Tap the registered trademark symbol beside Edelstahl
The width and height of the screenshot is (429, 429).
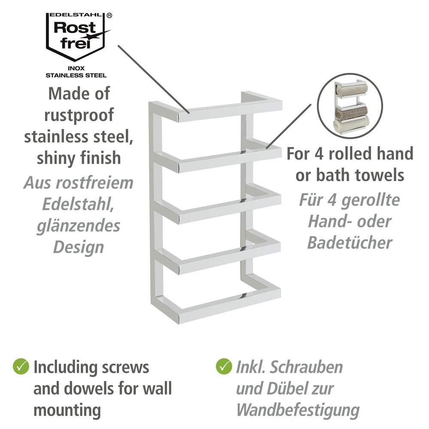pyautogui.click(x=109, y=15)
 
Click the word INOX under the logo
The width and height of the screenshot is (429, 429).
pyautogui.click(x=76, y=68)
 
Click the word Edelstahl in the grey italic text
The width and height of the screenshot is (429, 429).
pyautogui.click(x=78, y=204)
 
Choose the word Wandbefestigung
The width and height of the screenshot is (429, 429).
pyautogui.click(x=298, y=410)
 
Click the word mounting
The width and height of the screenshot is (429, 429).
pyautogui.click(x=67, y=410)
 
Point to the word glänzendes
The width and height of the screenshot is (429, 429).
pyautogui.click(x=78, y=226)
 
